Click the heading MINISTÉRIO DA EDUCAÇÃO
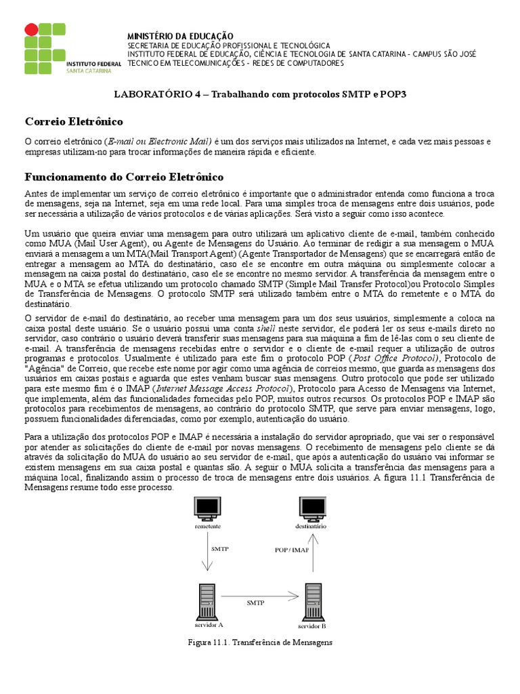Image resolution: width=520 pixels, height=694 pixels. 180,35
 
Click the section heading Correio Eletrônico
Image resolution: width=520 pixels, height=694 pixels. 74,121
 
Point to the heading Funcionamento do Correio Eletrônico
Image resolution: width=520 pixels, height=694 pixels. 124,177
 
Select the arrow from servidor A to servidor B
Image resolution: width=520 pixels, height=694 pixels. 260,596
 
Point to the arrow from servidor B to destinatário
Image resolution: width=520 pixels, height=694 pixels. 311,556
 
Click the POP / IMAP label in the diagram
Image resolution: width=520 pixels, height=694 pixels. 291,550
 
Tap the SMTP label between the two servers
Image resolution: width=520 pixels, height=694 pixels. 255,602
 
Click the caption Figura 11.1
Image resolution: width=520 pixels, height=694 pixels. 259,641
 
